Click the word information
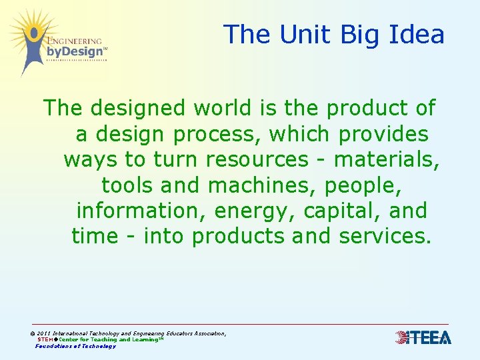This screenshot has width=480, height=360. click(x=141, y=211)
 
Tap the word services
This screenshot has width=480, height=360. click(x=385, y=236)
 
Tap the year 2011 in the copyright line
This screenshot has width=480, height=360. click(x=44, y=333)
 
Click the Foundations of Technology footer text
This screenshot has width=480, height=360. click(x=75, y=346)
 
